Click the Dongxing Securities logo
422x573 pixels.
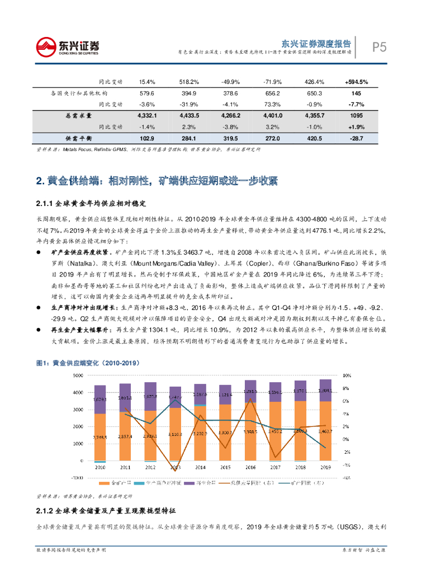[68, 46]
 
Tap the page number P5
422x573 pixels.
[380, 48]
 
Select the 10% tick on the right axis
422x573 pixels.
[346, 375]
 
